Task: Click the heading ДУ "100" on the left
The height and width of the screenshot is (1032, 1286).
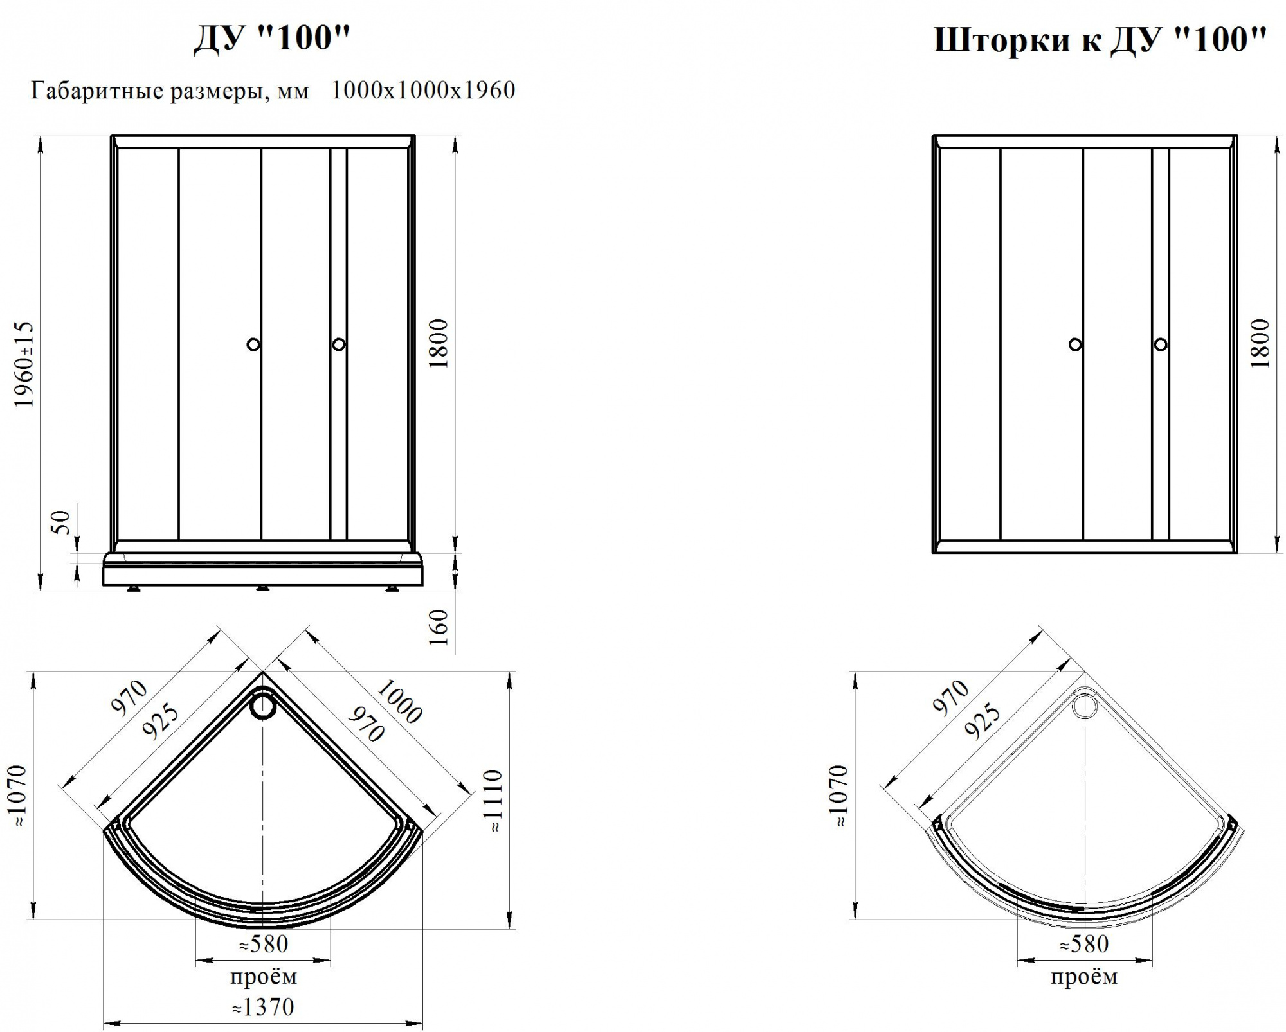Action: (272, 39)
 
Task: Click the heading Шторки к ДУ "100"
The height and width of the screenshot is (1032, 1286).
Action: (1100, 40)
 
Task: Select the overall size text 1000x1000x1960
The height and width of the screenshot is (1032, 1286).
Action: (423, 90)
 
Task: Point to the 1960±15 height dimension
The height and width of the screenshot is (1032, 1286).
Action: (24, 364)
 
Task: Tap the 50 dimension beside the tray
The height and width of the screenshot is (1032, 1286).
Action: (60, 521)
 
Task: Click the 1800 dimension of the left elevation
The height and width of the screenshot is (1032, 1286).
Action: (439, 344)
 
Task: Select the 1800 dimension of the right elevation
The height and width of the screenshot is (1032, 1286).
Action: (1261, 343)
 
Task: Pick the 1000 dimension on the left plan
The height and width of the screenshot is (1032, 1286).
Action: (399, 701)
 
